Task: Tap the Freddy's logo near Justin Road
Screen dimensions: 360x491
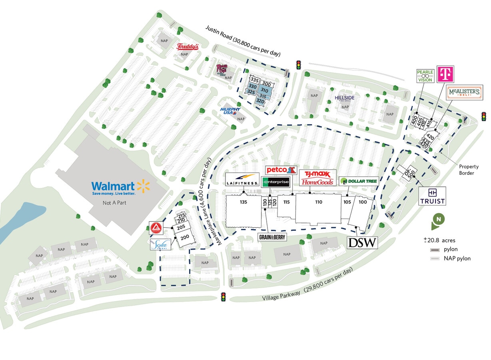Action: [188, 47]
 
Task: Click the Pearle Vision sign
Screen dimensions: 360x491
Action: [425, 76]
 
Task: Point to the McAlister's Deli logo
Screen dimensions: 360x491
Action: [464, 93]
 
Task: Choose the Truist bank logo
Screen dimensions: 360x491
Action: [432, 196]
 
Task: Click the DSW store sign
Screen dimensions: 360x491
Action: [362, 242]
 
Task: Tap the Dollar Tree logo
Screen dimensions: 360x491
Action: [359, 181]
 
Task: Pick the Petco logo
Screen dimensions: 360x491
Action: [281, 170]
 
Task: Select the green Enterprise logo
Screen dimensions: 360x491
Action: [275, 182]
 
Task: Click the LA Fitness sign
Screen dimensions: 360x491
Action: [242, 180]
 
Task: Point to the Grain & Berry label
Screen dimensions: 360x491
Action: [272, 237]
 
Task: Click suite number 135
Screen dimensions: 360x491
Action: [244, 202]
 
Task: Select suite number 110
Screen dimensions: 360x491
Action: [319, 202]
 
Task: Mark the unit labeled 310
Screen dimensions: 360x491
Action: [264, 90]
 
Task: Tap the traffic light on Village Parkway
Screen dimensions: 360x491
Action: [224, 297]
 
